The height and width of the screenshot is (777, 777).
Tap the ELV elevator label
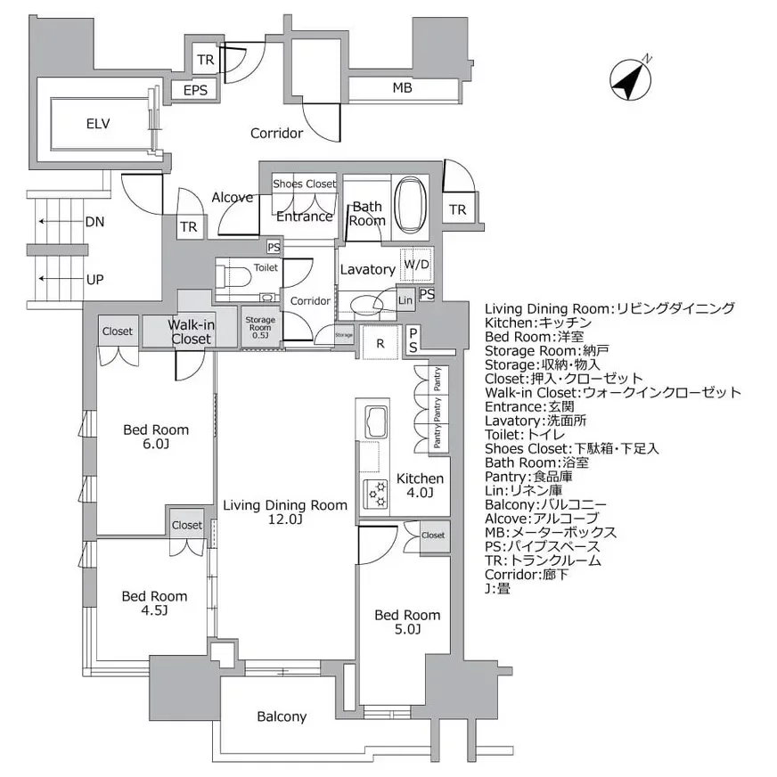tap(98, 124)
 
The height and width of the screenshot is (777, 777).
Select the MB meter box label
tap(403, 89)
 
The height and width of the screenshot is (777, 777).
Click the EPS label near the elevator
tap(195, 91)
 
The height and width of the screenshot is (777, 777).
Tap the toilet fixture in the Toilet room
tap(237, 277)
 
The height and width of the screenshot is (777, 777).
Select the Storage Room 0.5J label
tap(261, 327)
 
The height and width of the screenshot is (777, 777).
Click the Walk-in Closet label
tap(191, 331)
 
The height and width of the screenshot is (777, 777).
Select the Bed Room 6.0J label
tap(155, 437)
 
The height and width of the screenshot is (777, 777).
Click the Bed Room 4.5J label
tap(154, 603)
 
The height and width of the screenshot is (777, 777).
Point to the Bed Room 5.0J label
tap(406, 622)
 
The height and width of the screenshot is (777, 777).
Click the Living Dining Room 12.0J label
tap(284, 512)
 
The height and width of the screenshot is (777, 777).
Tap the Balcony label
tap(282, 716)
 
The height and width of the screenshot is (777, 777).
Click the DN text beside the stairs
tap(95, 222)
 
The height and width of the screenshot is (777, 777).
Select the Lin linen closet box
tap(405, 300)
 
